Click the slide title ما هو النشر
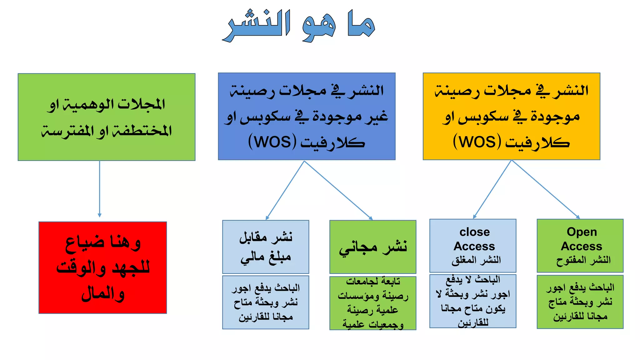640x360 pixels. pos(298,25)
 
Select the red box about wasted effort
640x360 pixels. pos(102,267)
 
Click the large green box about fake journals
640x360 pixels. pos(107,117)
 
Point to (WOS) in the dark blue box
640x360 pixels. pos(272,142)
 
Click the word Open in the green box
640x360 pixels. pos(582,232)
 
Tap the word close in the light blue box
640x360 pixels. pos(474,232)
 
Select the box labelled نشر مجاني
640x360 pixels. pos(373,247)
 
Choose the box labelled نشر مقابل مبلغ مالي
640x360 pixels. pos(266,247)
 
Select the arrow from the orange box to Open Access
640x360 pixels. pos(545,189)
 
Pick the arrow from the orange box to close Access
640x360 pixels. pos(492,189)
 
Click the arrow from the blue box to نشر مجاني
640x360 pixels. pos(338,190)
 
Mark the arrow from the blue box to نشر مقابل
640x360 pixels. pos(285,190)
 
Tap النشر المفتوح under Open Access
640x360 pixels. pos(583,260)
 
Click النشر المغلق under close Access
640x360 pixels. pos(476,260)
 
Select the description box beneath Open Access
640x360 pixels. pos(580,302)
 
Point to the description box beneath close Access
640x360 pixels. pos(472,301)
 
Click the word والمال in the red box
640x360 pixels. pos(103,293)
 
